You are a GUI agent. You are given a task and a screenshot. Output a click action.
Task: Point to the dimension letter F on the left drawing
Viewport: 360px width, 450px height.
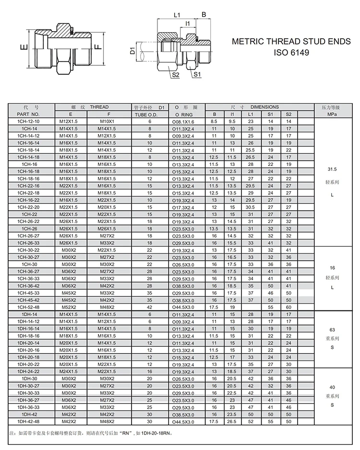[97, 48]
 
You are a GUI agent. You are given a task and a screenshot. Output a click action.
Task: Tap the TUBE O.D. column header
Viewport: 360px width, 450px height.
[149, 115]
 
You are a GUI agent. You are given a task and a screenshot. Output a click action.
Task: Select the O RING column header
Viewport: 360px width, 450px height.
[183, 115]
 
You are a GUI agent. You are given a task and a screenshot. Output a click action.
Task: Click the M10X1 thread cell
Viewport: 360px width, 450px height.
[108, 122]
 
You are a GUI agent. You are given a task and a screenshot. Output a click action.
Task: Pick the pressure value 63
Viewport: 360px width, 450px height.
[332, 331]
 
